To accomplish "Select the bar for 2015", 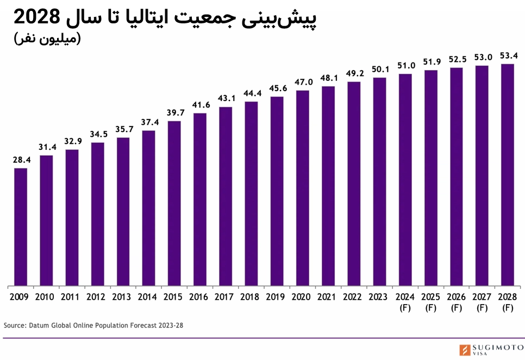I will [174, 203].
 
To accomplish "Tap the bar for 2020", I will [303, 188].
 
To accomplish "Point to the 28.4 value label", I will [21, 160].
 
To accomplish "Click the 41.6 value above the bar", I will [200, 105].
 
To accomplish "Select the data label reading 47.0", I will [303, 82].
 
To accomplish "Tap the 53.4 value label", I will [508, 55].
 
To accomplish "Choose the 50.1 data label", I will [380, 69].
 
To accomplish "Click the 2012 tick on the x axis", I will [97, 297].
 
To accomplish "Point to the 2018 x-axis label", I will [251, 297].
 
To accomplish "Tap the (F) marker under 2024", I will [405, 308].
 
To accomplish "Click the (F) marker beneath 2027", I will [482, 308].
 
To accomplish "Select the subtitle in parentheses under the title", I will [47, 39].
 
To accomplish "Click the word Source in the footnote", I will [14, 325].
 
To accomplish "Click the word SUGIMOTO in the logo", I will [496, 346].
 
